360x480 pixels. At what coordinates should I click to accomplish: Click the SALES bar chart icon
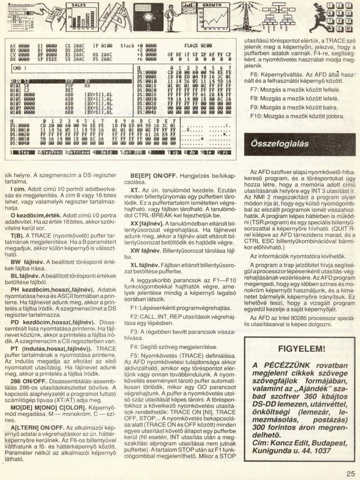tap(80, 18)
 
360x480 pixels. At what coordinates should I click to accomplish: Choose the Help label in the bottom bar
tap(106, 152)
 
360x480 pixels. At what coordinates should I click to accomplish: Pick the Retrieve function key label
tap(78, 152)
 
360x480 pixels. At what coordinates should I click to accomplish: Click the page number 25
tap(350, 474)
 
